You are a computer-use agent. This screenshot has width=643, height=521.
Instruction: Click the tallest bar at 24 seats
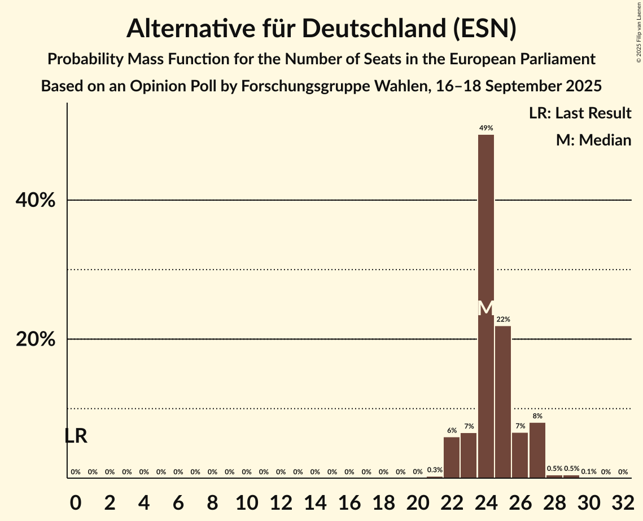coord(485,226)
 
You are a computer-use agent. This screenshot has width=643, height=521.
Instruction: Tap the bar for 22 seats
coord(452,457)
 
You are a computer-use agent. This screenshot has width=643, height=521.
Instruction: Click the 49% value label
coord(485,128)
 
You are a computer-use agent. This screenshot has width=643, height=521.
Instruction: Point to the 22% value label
coord(503,320)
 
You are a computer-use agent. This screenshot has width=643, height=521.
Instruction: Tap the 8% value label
coord(537,416)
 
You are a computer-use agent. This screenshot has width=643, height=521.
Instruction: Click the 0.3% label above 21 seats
coord(435,470)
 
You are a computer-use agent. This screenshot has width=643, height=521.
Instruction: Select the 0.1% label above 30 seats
coord(589,471)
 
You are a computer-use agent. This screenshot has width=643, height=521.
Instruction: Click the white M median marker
coord(485,308)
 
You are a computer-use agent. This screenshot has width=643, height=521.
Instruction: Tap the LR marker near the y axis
coord(76,436)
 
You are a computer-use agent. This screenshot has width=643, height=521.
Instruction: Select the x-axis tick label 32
coord(623,500)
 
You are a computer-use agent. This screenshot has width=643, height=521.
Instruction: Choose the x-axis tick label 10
coord(247,500)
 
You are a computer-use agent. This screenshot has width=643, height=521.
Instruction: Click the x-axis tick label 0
coord(76,500)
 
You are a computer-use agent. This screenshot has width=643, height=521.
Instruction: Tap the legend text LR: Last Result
coord(580,113)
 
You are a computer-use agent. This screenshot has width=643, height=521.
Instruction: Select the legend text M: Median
coord(593,140)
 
